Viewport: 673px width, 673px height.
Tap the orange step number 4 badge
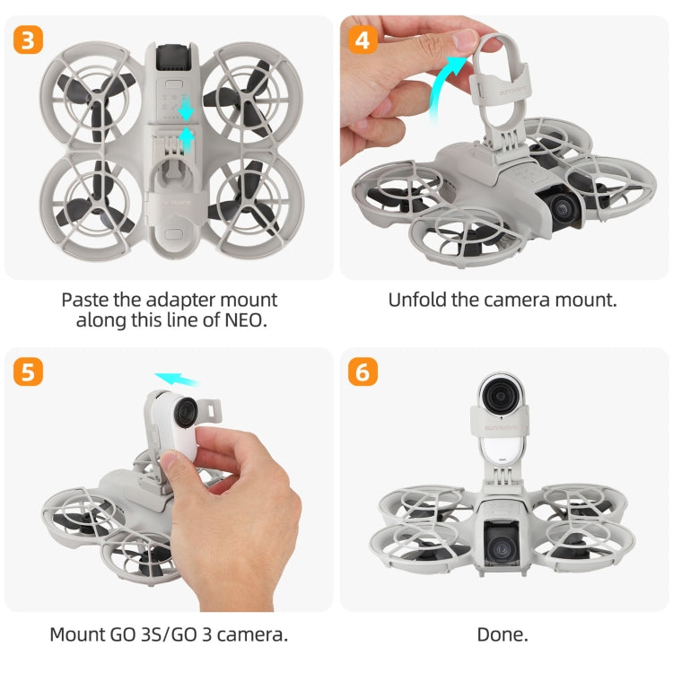pos(363,40)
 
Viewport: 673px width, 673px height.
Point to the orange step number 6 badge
pos(363,371)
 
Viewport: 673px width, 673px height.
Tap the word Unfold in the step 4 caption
pos(417,300)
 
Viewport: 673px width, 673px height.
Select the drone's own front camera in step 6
pos(502,543)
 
